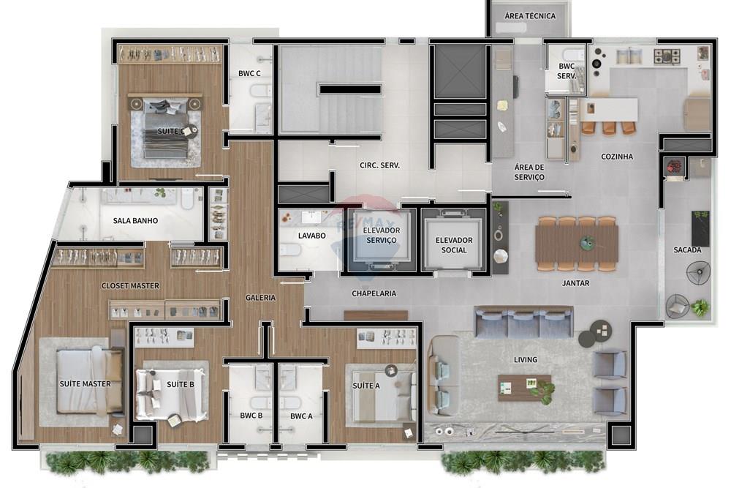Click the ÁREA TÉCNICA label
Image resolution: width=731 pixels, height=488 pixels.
point(530,16)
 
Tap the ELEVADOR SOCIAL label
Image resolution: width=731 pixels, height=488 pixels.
point(454,245)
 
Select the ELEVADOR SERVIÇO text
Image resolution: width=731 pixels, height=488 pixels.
point(380,235)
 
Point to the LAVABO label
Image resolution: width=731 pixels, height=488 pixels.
point(311,236)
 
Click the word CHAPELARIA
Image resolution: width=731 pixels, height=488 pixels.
point(374,293)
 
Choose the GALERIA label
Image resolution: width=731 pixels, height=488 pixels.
point(260,298)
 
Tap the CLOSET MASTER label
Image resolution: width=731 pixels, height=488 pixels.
point(130,285)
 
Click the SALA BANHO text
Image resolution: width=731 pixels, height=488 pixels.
point(135,220)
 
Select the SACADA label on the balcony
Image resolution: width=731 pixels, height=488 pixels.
point(687,250)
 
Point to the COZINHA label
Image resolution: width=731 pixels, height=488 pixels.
point(617,157)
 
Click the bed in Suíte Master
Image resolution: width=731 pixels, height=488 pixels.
point(84,380)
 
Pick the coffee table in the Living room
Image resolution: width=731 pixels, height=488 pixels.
point(524,386)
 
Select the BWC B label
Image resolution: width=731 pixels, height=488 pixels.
point(251,416)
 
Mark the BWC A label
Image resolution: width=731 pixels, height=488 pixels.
point(300,416)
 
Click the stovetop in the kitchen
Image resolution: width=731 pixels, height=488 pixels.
point(666,54)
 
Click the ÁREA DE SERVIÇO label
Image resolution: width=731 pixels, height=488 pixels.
point(529,172)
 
